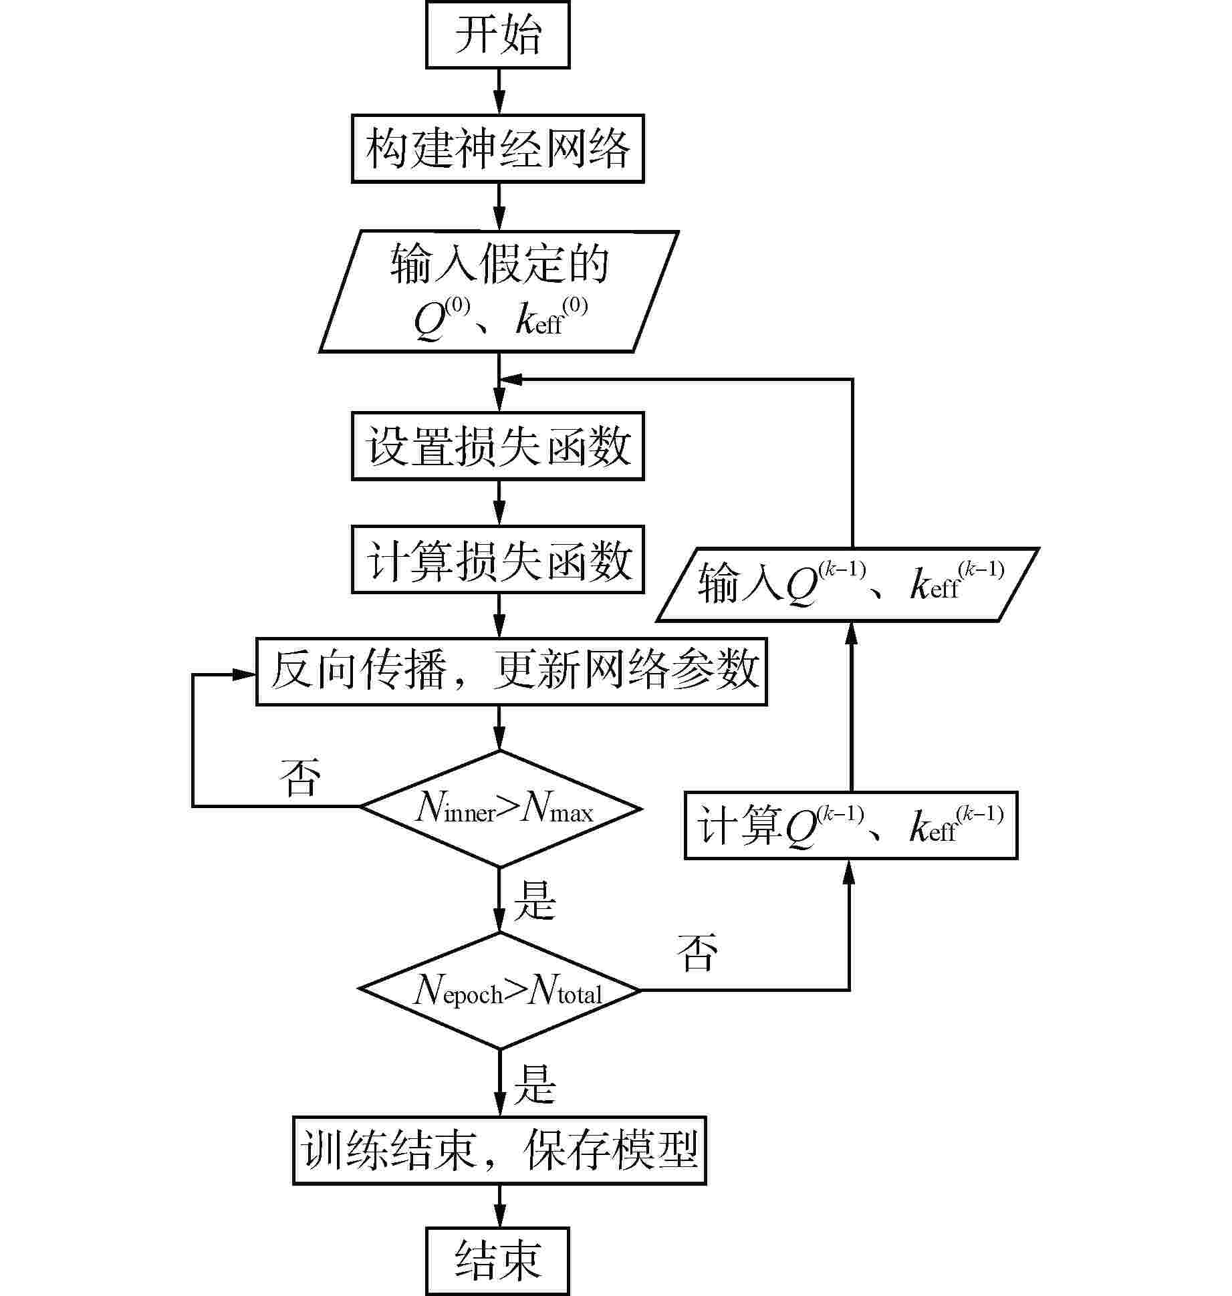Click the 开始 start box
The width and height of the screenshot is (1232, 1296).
[497, 35]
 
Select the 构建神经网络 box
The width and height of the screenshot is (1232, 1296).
[497, 148]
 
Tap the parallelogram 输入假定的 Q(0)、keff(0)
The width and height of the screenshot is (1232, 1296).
[499, 291]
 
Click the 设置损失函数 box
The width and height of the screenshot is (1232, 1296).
[497, 446]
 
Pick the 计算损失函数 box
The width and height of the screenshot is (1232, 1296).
[497, 559]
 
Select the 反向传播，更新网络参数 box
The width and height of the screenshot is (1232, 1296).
[511, 671]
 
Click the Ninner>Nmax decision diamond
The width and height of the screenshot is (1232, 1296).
[500, 809]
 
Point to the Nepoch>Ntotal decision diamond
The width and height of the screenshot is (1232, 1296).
[500, 991]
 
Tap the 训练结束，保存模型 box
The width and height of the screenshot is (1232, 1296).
[499, 1150]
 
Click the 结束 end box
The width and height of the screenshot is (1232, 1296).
[497, 1261]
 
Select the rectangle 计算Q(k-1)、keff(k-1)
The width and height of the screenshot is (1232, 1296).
[851, 825]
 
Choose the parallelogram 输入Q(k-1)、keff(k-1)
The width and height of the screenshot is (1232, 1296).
[848, 585]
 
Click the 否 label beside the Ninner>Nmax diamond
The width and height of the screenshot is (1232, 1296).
[300, 777]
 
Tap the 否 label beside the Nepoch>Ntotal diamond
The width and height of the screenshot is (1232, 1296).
[697, 952]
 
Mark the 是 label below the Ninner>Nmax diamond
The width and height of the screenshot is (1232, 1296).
[535, 900]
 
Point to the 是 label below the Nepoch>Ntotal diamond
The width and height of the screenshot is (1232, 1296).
[535, 1083]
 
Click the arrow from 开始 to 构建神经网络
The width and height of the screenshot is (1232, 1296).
[499, 92]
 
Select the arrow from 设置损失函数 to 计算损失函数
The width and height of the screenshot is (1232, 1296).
[499, 503]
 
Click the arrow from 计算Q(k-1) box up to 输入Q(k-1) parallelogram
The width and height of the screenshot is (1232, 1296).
[851, 706]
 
